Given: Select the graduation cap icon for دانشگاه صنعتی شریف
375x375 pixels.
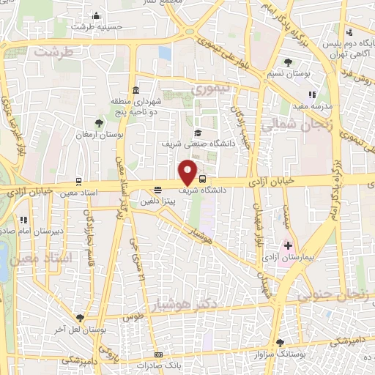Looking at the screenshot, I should coord(198,133).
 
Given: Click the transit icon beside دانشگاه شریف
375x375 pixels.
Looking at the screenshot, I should coord(202,179).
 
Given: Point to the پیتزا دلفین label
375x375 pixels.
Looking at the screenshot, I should coord(158,199).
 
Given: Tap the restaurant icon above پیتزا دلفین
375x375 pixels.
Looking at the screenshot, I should coord(158,190).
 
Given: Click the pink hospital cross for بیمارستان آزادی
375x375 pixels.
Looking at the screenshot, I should coord(288,245).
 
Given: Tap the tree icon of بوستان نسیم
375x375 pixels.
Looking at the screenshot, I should coord(286,62).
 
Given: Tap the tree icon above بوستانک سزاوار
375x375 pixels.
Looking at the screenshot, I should coord(280,342).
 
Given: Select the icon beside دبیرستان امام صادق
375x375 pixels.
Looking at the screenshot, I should coord(24,220).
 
